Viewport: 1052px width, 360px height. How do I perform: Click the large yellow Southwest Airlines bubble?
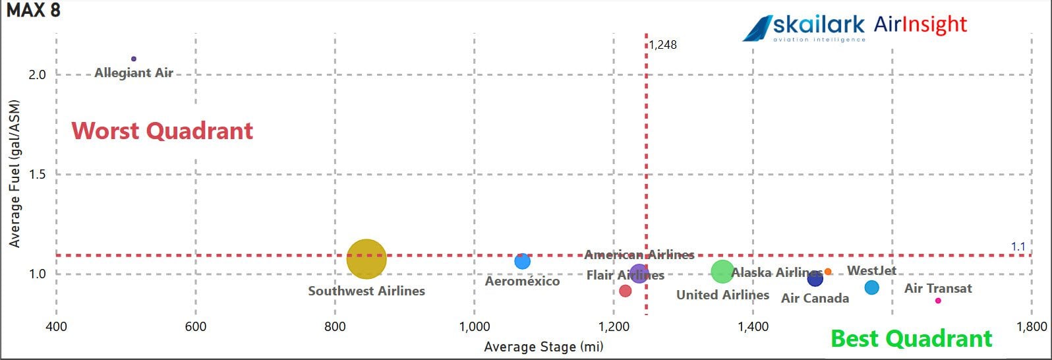point(366,258)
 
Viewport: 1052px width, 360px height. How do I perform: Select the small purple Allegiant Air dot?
point(134,59)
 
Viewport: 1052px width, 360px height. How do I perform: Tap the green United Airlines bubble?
point(722,271)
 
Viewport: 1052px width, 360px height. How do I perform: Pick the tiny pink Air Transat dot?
point(938,301)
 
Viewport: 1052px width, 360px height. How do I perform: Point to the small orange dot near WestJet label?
point(828,272)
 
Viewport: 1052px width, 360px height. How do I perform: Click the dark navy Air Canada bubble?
point(815,279)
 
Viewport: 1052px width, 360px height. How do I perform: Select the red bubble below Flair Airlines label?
point(626,291)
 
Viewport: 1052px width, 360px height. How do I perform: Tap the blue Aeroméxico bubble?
point(522,261)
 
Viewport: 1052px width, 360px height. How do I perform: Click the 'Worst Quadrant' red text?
point(162,131)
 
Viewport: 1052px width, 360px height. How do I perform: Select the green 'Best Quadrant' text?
point(911,338)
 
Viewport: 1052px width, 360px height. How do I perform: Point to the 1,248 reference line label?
point(662,45)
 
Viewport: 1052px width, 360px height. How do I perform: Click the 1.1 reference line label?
point(1018,247)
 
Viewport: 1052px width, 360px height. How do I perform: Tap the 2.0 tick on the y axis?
point(37,75)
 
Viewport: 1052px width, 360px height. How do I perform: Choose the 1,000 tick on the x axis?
point(474,326)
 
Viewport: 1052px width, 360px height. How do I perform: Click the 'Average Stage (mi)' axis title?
point(543,347)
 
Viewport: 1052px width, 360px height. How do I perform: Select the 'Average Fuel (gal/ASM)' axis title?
point(15,174)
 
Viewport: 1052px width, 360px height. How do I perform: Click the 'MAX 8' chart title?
point(34,10)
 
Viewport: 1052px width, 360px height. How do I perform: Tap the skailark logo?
point(804,28)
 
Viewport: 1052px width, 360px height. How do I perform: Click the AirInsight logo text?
point(920,25)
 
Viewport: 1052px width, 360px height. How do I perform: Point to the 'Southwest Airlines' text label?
point(366,291)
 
